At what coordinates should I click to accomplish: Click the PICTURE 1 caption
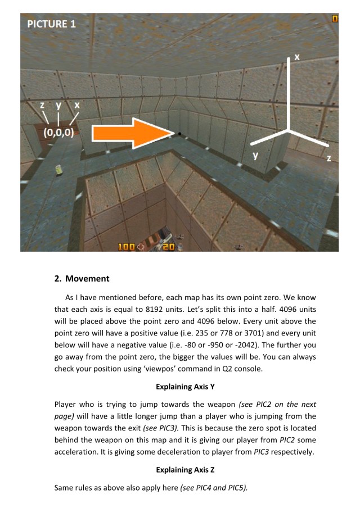(51, 24)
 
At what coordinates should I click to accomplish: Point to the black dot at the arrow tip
(179, 134)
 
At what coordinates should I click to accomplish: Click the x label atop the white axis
(297, 57)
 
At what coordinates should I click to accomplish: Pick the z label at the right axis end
(330, 159)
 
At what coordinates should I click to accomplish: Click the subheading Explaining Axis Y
(179, 388)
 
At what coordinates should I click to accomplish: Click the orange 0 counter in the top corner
(335, 19)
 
